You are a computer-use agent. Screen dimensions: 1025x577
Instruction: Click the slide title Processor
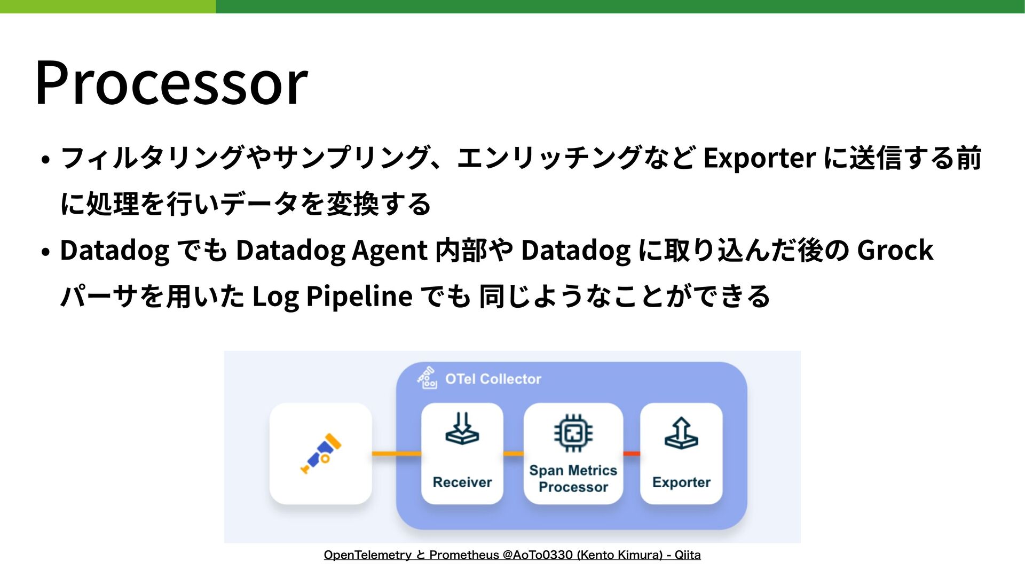click(x=171, y=83)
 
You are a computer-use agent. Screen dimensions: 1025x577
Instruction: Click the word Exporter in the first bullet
click(x=760, y=158)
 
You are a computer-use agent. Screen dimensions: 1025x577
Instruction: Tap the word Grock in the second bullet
click(x=895, y=250)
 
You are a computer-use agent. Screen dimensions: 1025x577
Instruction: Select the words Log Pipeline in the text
click(x=332, y=297)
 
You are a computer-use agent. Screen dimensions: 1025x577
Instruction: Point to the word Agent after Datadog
click(x=390, y=251)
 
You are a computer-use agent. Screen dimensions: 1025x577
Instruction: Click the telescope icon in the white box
click(x=321, y=454)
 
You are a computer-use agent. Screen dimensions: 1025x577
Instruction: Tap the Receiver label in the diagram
click(x=462, y=482)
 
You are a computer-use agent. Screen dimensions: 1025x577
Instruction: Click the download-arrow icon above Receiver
click(x=462, y=428)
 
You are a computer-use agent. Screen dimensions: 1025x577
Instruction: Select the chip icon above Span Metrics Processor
click(x=573, y=433)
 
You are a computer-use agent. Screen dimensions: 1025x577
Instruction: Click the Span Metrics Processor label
click(x=573, y=479)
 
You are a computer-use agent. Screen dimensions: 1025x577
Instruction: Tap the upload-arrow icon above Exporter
click(x=681, y=433)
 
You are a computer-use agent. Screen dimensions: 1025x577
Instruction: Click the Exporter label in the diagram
click(x=681, y=482)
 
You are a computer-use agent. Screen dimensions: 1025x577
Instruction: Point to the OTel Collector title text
click(x=493, y=379)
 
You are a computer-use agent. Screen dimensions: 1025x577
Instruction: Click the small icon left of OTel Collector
click(x=427, y=378)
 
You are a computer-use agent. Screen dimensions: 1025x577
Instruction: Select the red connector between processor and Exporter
click(x=632, y=454)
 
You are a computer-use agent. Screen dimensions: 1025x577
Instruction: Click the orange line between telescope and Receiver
click(x=397, y=454)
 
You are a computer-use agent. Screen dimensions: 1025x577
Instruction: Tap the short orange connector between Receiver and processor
click(x=514, y=454)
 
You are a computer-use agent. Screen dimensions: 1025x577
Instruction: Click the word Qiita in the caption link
click(x=688, y=555)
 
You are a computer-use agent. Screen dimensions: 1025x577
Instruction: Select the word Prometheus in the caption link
click(x=463, y=555)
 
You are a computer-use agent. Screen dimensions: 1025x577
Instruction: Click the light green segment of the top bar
click(x=108, y=6)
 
